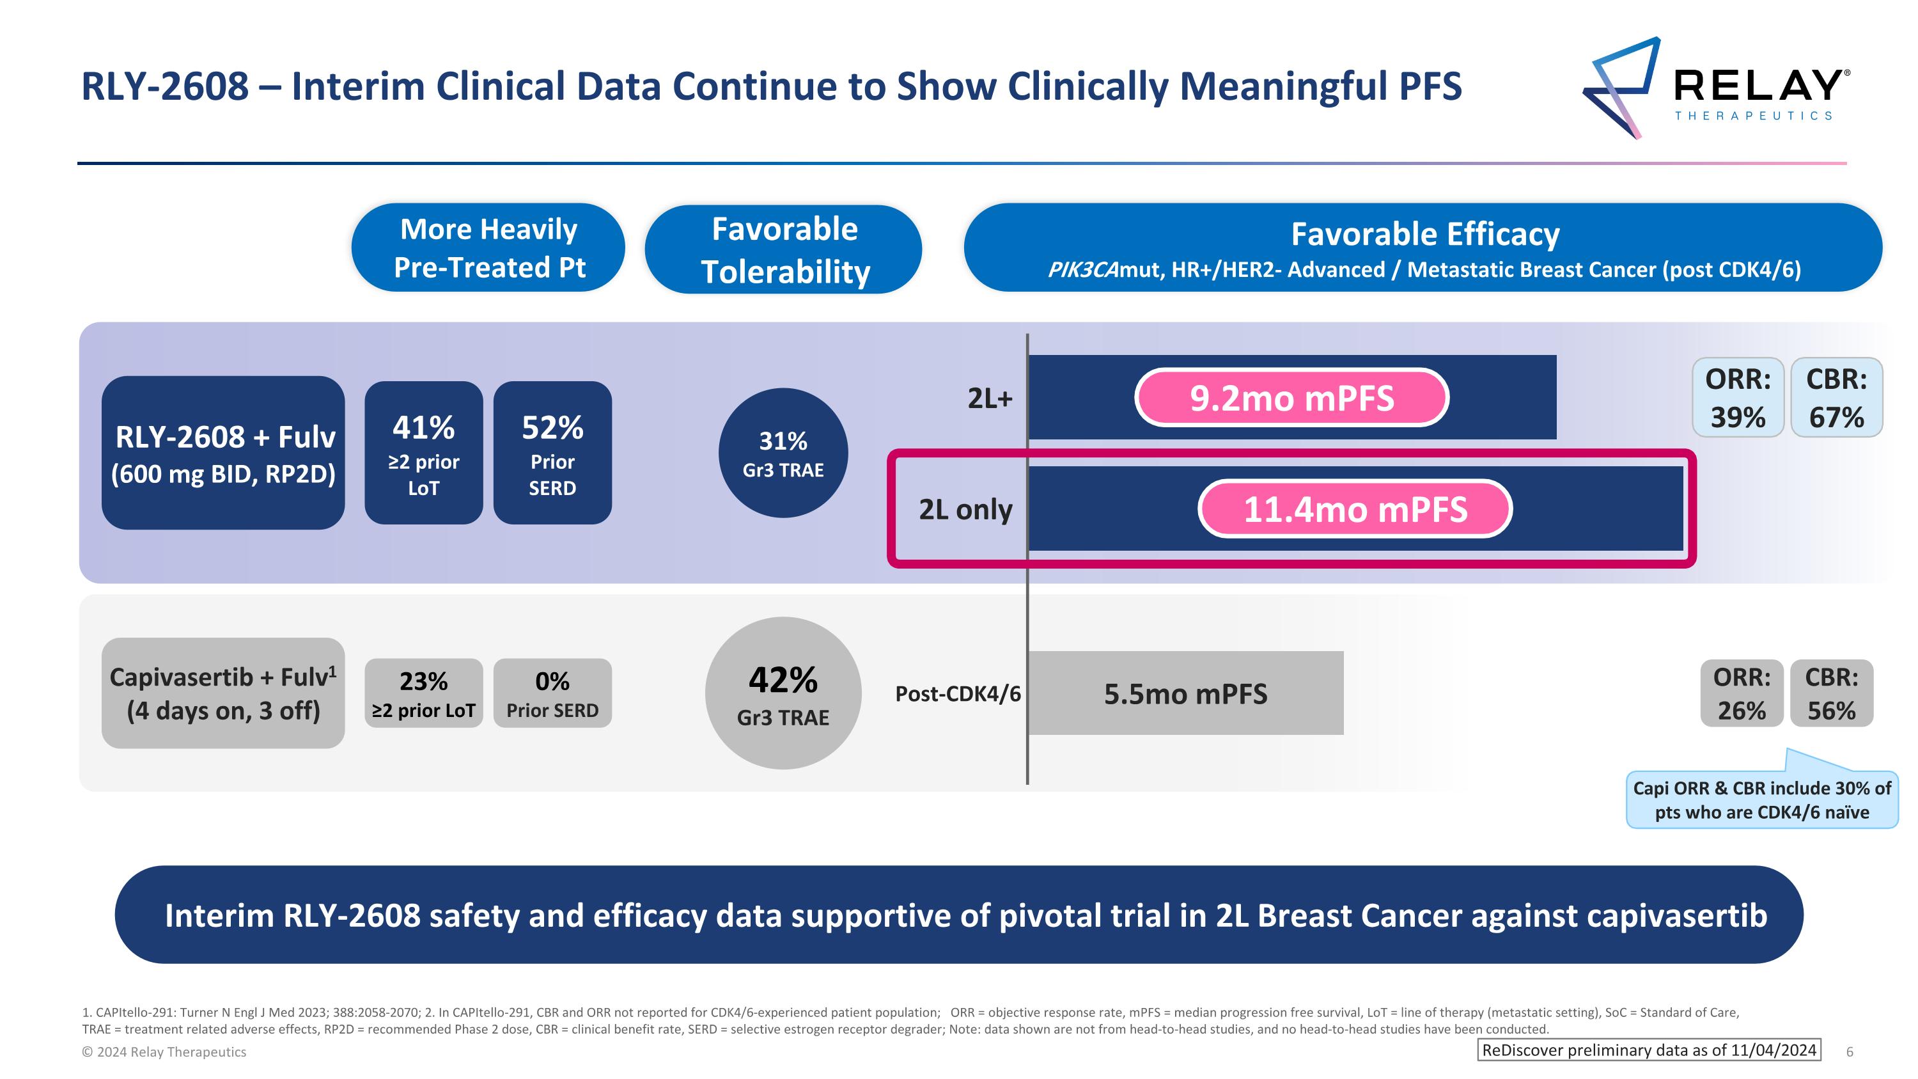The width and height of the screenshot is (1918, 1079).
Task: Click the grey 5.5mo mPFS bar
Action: click(x=1185, y=693)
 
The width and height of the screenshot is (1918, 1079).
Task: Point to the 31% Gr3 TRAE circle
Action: click(x=783, y=453)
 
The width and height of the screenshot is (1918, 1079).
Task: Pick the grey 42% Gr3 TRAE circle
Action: click(x=783, y=693)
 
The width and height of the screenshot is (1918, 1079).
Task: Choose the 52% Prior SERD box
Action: click(x=552, y=453)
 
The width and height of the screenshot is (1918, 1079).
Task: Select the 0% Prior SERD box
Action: click(x=552, y=693)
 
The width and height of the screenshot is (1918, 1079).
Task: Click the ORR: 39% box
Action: click(x=1737, y=398)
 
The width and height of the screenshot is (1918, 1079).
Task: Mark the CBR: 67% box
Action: click(x=1836, y=398)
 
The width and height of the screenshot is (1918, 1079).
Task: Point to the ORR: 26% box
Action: click(x=1741, y=693)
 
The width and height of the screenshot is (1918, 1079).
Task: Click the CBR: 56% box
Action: click(x=1831, y=693)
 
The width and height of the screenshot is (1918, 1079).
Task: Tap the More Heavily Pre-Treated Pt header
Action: click(x=488, y=248)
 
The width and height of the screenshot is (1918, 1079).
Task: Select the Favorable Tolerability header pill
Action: click(x=783, y=249)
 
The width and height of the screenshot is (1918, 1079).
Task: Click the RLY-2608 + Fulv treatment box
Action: click(x=222, y=453)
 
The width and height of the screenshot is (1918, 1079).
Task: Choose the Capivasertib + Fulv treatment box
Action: click(x=222, y=693)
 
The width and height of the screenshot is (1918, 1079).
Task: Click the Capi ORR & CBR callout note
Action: click(x=1761, y=799)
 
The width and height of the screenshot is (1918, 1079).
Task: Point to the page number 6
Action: click(x=1850, y=1052)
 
